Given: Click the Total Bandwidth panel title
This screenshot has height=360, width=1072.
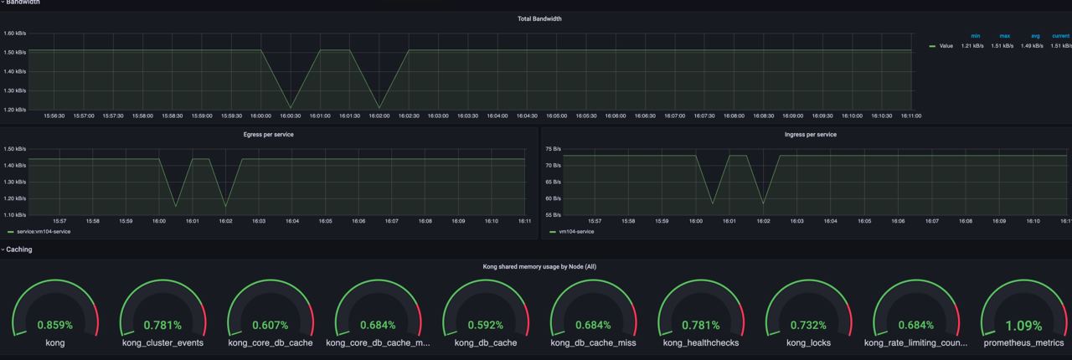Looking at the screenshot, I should (539, 18).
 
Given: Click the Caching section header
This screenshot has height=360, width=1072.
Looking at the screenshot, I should (19, 249).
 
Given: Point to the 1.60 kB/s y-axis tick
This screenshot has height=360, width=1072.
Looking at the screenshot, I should (14, 33).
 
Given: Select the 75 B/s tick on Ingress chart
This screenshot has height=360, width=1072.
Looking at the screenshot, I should (553, 149).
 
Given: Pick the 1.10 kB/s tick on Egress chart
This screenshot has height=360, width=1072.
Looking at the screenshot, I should (14, 215).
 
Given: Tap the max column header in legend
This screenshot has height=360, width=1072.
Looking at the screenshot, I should (1005, 36).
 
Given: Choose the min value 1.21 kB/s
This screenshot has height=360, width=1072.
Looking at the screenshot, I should (972, 46).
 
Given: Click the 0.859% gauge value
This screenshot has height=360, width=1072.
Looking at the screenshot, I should (55, 325).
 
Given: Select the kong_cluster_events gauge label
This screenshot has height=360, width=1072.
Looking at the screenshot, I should (162, 342).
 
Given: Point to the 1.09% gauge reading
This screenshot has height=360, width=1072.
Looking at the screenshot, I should (1023, 325).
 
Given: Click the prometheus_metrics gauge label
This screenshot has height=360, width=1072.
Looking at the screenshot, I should (1023, 342).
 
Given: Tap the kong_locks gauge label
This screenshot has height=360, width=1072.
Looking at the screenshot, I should (807, 342).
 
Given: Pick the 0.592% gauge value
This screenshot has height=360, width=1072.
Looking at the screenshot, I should (485, 325).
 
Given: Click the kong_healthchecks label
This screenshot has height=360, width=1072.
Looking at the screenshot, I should (700, 342).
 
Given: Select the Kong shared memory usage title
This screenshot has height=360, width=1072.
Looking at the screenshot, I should (539, 267).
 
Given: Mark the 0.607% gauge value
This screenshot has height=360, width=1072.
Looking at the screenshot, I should (270, 325).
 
